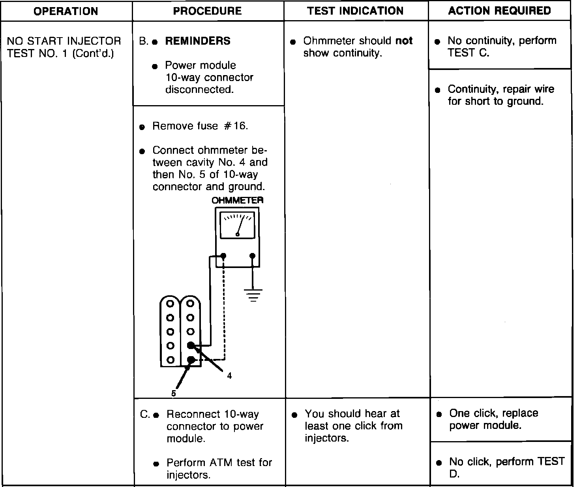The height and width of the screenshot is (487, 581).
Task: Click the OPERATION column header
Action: [x=66, y=11]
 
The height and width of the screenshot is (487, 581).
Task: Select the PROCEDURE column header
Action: [x=208, y=11]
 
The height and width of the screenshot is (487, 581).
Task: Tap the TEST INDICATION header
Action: [x=355, y=11]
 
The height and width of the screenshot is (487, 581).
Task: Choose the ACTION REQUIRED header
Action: [x=500, y=11]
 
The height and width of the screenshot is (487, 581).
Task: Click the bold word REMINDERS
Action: [x=198, y=41]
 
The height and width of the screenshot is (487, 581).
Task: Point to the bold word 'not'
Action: [x=404, y=41]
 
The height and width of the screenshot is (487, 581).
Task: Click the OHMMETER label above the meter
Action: [x=238, y=200]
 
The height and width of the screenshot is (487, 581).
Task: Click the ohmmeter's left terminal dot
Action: [x=223, y=256]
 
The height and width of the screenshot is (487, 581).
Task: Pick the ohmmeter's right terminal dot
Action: [x=253, y=256]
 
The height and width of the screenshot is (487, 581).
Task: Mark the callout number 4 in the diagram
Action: [x=229, y=376]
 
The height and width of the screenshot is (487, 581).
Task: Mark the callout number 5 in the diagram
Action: [x=173, y=393]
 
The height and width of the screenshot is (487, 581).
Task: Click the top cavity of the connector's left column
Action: [x=170, y=304]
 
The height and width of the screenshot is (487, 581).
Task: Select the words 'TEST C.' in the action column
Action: [x=469, y=53]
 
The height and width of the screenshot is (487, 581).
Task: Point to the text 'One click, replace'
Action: [x=493, y=413]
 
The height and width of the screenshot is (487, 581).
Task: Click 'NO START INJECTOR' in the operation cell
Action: [x=64, y=41]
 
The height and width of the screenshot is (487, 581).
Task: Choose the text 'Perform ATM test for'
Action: [x=219, y=462]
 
